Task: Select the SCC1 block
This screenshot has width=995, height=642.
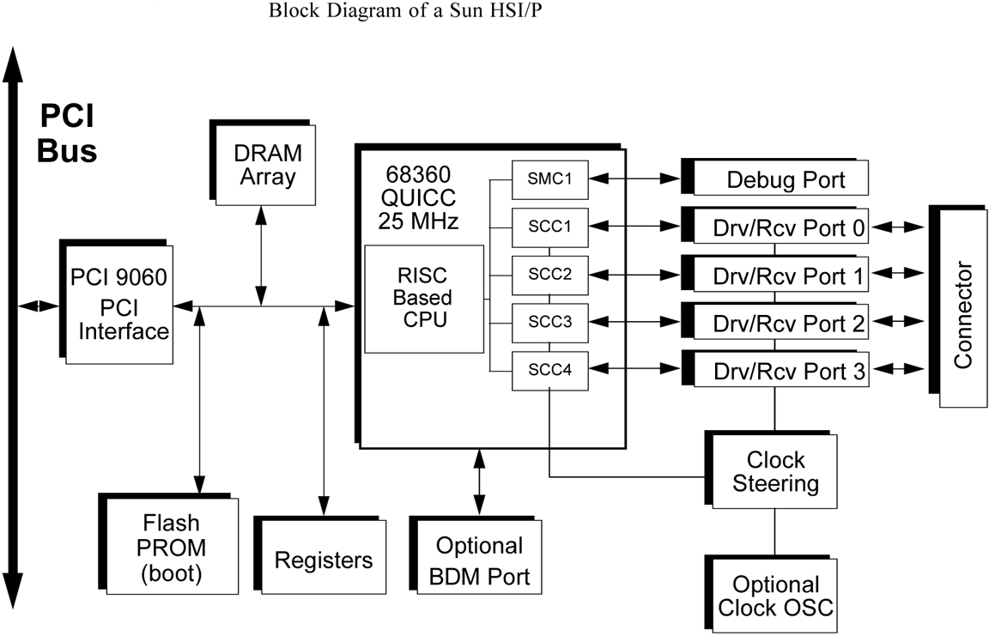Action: tap(550, 227)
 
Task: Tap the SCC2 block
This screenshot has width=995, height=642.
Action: tap(550, 275)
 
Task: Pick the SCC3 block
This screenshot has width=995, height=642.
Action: tap(550, 323)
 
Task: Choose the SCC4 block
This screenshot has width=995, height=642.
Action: tap(550, 371)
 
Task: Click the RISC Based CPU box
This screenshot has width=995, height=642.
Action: tap(422, 299)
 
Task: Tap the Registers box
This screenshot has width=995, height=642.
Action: tap(324, 560)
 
